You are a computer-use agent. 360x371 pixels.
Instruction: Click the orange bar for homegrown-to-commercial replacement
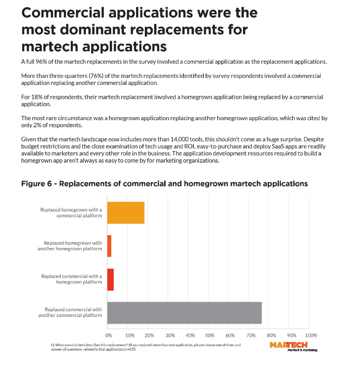126,212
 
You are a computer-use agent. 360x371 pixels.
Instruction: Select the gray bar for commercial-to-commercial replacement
184,313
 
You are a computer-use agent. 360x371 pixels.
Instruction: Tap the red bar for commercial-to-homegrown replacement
111,279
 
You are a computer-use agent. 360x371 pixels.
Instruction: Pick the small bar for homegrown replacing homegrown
109,246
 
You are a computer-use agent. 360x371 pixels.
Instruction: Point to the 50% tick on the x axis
210,335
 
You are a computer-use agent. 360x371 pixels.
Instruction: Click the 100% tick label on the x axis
311,335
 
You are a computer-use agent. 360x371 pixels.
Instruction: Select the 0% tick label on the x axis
108,335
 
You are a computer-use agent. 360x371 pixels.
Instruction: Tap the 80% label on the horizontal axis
271,335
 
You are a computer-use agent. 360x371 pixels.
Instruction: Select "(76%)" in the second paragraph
96,76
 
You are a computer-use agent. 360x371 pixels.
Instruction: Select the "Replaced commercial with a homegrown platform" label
71,279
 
